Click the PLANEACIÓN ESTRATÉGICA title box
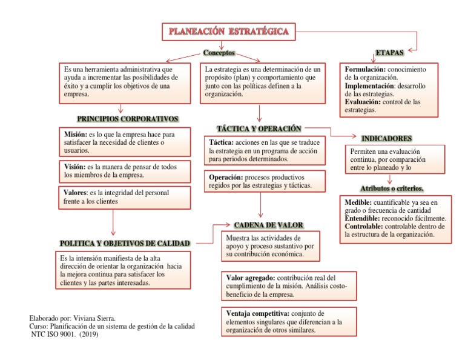228,31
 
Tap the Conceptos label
219,53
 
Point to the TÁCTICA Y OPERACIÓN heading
259,128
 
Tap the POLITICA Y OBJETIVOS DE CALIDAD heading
125,243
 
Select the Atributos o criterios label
391,188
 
